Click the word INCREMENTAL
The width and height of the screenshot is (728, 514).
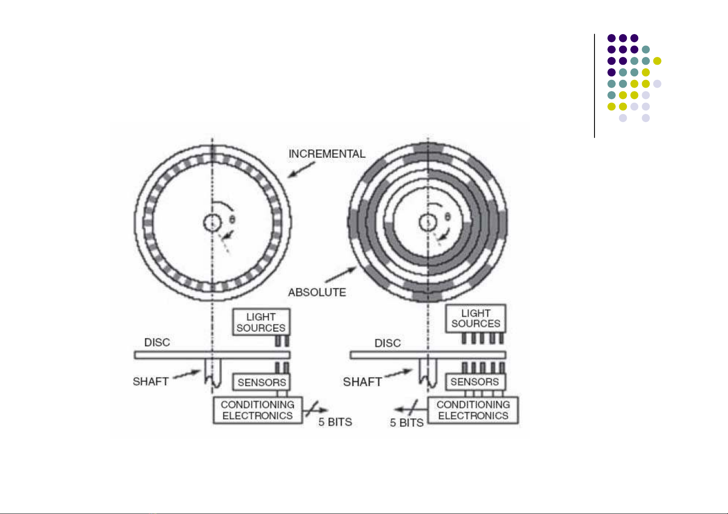(x=327, y=154)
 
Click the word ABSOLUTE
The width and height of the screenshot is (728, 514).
(x=317, y=292)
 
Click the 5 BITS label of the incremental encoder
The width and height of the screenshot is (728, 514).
(x=335, y=422)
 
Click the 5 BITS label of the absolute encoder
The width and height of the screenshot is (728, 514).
(x=407, y=423)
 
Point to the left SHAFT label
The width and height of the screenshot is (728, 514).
(x=151, y=381)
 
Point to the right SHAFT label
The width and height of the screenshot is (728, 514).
(x=362, y=382)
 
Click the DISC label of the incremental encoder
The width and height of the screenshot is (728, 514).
(x=157, y=342)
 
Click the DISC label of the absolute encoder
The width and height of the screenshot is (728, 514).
(x=388, y=343)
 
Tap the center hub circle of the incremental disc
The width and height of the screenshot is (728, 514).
(x=212, y=214)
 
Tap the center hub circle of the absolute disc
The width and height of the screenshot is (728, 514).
(x=428, y=214)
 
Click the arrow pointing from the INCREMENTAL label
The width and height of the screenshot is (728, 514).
(x=302, y=170)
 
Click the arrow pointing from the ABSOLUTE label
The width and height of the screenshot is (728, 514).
(x=341, y=274)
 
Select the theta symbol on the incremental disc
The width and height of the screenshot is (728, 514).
(x=232, y=219)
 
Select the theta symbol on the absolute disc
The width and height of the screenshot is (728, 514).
(x=448, y=217)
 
